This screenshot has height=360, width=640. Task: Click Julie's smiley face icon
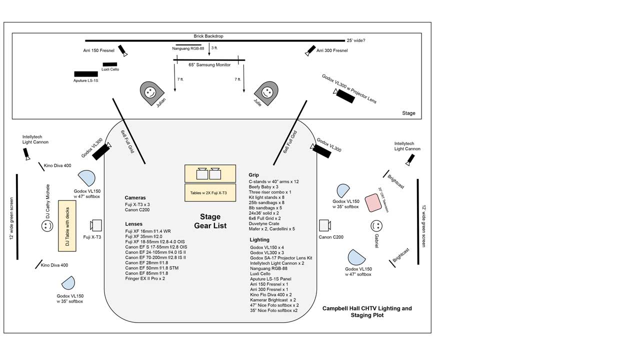tap(266, 92)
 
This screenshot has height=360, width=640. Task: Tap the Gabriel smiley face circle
tap(376, 225)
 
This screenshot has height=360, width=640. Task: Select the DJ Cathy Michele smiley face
tap(47, 226)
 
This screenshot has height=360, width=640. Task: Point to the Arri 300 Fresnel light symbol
tap(310, 50)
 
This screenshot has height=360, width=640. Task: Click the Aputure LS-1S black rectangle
tap(86, 74)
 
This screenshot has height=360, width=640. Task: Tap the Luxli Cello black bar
tap(110, 64)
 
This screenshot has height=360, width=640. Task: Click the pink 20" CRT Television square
tap(373, 202)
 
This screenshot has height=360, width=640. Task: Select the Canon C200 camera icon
tap(324, 224)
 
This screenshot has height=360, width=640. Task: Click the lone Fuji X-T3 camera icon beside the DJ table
tap(96, 225)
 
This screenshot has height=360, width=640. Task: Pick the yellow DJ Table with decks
tap(66, 225)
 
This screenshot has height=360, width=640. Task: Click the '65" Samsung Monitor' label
tap(209, 65)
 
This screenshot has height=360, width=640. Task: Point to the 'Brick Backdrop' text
tap(209, 36)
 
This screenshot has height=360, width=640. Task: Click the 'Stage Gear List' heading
tap(210, 221)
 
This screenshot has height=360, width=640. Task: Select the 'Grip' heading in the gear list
tap(254, 175)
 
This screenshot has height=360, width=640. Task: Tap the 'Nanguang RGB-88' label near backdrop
tap(188, 48)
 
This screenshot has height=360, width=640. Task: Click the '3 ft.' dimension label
tap(214, 48)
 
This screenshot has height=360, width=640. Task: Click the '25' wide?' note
tap(355, 40)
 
